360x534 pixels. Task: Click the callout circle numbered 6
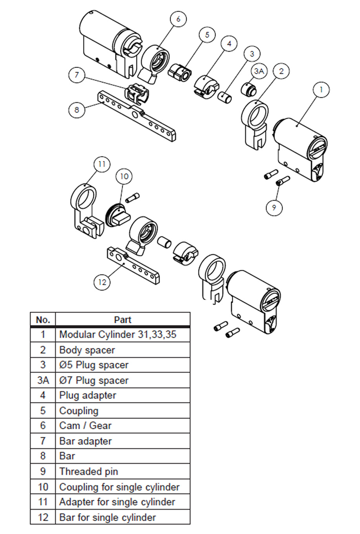pyautogui.click(x=178, y=19)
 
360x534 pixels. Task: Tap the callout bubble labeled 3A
pyautogui.click(x=258, y=71)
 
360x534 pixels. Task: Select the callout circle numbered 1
pyautogui.click(x=321, y=90)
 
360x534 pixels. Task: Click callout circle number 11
pyautogui.click(x=102, y=164)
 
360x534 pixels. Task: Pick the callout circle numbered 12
pyautogui.click(x=102, y=282)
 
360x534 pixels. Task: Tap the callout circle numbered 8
pyautogui.click(x=77, y=109)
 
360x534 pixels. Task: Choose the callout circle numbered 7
pyautogui.click(x=77, y=75)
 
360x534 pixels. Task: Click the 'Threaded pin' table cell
pyautogui.click(x=89, y=472)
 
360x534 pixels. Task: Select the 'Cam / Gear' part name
pyautogui.click(x=85, y=426)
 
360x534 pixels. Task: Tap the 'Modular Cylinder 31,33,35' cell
pyautogui.click(x=118, y=335)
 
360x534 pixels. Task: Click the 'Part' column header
pyautogui.click(x=122, y=320)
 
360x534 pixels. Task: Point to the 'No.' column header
pyautogui.click(x=43, y=320)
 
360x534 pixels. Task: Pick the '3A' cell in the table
pyautogui.click(x=43, y=380)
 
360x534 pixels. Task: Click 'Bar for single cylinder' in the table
pyautogui.click(x=108, y=517)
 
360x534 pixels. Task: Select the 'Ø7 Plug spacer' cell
pyautogui.click(x=94, y=380)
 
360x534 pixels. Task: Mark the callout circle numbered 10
pyautogui.click(x=124, y=176)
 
